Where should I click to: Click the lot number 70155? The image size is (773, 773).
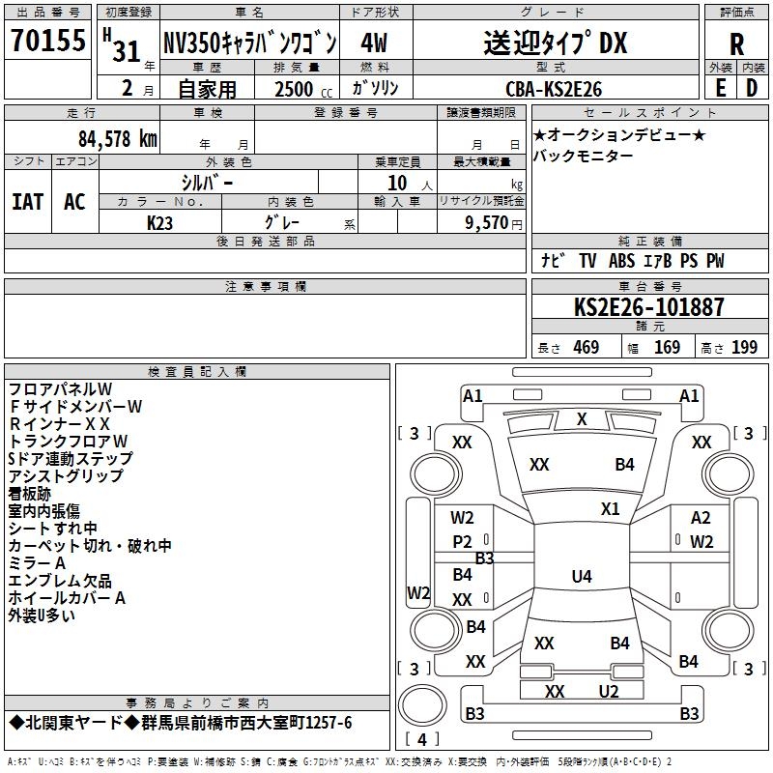click(48, 40)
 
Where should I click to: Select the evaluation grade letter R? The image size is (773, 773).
click(736, 44)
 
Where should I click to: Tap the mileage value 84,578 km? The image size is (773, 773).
click(118, 138)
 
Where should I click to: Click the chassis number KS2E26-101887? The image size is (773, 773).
click(648, 306)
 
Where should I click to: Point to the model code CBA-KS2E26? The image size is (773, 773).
click(554, 89)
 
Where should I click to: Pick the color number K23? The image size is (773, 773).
click(159, 223)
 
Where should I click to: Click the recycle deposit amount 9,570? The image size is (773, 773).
click(486, 222)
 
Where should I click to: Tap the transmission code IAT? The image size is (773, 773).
click(28, 202)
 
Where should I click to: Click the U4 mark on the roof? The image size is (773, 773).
click(582, 576)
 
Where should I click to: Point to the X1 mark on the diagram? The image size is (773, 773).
click(610, 509)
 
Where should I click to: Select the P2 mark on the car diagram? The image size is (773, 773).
click(462, 542)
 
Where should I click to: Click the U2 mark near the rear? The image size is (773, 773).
click(609, 691)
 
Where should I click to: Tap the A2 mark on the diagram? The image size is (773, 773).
click(701, 518)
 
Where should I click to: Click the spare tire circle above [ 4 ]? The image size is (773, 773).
click(422, 705)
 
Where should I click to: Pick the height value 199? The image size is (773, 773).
click(744, 347)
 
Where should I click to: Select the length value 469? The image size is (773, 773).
click(587, 347)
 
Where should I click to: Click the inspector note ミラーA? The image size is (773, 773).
click(37, 563)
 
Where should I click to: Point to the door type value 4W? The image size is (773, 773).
click(374, 43)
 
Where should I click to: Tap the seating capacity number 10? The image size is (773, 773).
click(397, 183)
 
